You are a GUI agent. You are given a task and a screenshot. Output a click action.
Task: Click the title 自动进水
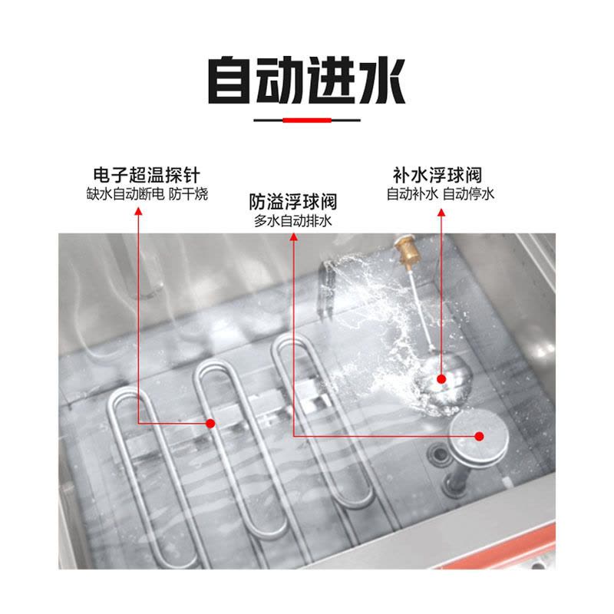tap(306, 81)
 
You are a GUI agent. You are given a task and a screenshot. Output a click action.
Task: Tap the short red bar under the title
tap(307, 120)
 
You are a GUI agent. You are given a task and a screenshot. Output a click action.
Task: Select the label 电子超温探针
tap(147, 175)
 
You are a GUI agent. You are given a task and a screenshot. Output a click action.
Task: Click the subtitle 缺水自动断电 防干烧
tap(147, 194)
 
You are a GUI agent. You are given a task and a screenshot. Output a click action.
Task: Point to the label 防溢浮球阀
tap(293, 202)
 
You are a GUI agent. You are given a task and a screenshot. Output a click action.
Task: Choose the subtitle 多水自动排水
tap(293, 221)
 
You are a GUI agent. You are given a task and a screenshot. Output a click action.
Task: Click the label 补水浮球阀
tap(437, 175)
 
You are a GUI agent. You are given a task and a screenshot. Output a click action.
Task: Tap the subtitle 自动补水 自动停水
tap(440, 194)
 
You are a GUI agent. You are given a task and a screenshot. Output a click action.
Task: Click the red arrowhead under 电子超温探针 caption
tap(138, 212)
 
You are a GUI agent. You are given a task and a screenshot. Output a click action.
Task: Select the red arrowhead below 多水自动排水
tap(294, 236)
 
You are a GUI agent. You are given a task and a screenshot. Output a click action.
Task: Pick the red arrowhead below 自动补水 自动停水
tap(441, 213)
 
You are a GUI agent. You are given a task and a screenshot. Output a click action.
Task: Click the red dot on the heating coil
tap(210, 424)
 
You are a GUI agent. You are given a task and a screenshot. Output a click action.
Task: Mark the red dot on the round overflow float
tap(479, 436)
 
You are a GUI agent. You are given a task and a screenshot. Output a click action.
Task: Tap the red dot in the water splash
tap(441, 379)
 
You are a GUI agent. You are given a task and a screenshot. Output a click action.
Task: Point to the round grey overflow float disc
tap(478, 436)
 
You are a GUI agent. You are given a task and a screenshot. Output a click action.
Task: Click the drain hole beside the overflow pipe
tap(440, 454)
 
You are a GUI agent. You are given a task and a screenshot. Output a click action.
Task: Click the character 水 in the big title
tap(381, 81)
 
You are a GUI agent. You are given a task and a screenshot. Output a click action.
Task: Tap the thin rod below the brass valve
tap(421, 306)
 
